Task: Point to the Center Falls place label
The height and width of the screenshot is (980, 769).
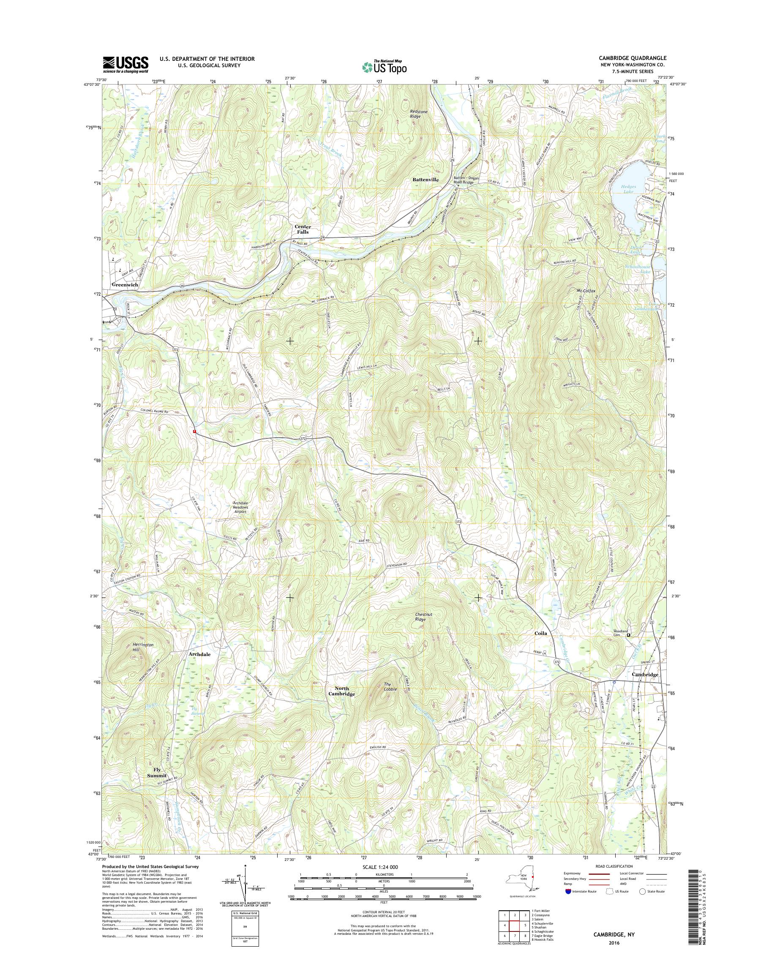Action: [x=303, y=229]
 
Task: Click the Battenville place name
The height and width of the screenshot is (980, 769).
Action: [x=425, y=179]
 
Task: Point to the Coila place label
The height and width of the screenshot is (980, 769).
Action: [x=540, y=633]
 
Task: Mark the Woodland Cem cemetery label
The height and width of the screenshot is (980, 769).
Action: [x=620, y=633]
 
